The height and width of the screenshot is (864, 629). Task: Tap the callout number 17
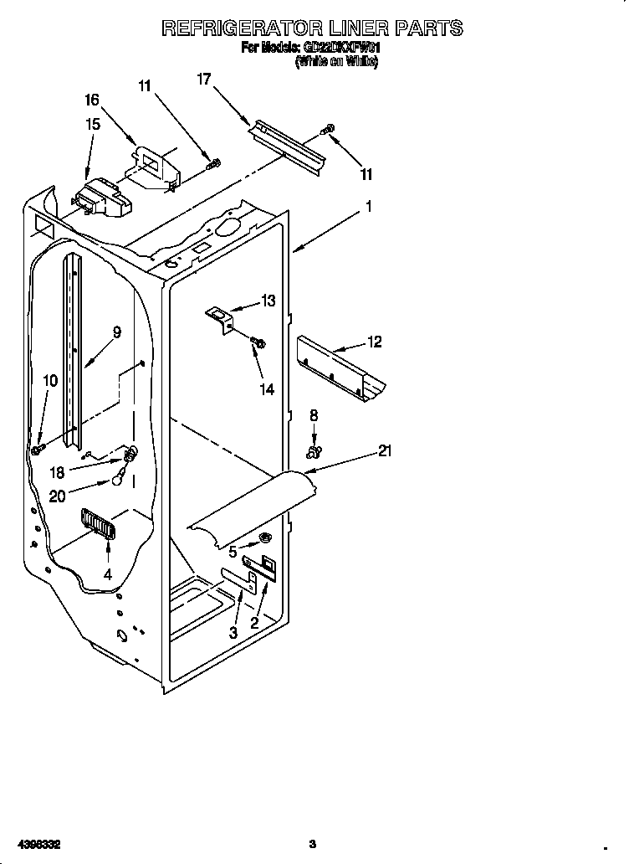pos(204,80)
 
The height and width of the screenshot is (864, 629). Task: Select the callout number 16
pos(92,100)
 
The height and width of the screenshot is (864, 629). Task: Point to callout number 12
pos(374,342)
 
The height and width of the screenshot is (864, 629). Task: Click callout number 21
pos(385,451)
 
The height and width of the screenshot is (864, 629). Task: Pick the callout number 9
pos(116,332)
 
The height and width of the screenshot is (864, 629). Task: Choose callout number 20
pos(57,495)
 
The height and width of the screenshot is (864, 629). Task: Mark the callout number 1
pos(368,205)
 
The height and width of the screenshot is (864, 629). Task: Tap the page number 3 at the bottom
pos(312,843)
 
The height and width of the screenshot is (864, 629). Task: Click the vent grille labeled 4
pos(99,526)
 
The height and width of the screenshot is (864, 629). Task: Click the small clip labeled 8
pos(314,452)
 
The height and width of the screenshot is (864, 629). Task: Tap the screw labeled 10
pos(38,450)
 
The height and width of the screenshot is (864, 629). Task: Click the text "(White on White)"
pos(336,63)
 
